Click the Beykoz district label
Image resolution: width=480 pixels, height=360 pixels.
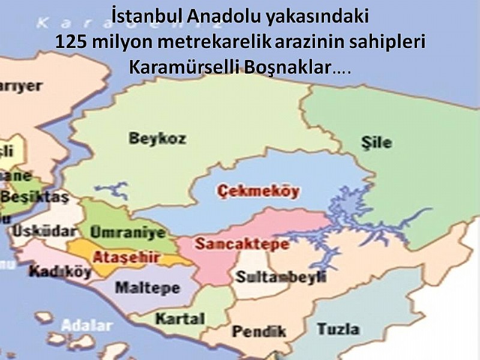(x=157, y=138)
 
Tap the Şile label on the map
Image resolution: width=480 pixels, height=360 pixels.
(x=377, y=142)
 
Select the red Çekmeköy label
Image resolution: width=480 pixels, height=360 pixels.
(x=259, y=193)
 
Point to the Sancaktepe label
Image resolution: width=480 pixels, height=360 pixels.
(x=241, y=244)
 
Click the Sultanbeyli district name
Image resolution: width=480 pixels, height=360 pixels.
(x=280, y=277)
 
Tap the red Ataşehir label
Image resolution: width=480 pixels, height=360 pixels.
(x=125, y=258)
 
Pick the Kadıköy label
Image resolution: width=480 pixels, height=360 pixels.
(x=60, y=271)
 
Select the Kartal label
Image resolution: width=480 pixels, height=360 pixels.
(x=179, y=319)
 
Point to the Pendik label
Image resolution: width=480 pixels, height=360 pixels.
(x=259, y=331)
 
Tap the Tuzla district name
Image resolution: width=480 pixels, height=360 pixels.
(x=338, y=329)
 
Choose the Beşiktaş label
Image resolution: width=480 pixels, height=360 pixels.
(x=35, y=196)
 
